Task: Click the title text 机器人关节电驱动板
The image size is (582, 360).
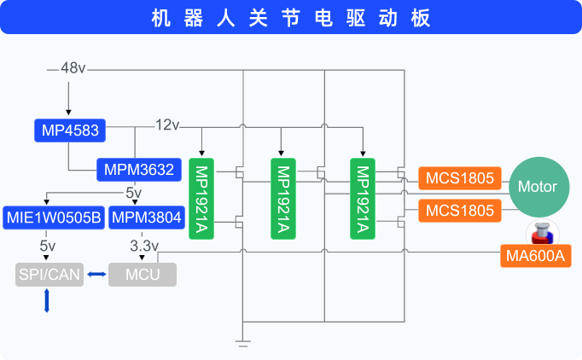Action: [290, 17]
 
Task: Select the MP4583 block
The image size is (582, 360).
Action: [70, 131]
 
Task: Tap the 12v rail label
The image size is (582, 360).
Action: [167, 125]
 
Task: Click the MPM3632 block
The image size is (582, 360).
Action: [138, 170]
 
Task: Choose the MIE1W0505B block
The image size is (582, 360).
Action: [54, 218]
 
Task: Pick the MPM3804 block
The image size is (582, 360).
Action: [146, 218]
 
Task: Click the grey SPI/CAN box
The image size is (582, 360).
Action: [50, 275]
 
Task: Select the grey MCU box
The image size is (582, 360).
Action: [142, 275]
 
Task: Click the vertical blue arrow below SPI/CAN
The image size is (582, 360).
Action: [47, 300]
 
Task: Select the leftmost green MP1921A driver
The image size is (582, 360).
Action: [201, 197]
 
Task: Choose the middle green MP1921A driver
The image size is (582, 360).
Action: [282, 197]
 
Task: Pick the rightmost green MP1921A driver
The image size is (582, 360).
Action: [362, 197]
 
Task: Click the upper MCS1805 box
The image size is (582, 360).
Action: [459, 178]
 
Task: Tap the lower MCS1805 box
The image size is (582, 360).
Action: [459, 210]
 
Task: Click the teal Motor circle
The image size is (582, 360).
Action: [538, 187]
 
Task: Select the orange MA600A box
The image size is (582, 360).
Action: [535, 256]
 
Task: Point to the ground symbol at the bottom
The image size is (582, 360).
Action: [243, 343]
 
